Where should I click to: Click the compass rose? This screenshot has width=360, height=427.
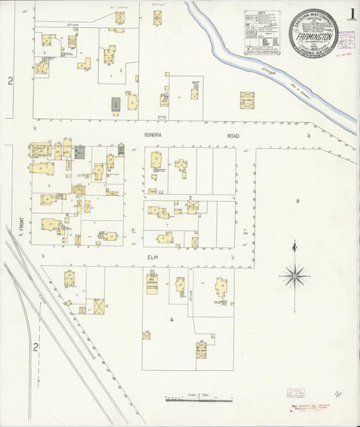pyautogui.click(x=294, y=275)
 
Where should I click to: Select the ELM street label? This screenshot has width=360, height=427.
pyautogui.click(x=151, y=257)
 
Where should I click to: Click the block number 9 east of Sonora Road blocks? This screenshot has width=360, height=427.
pyautogui.click(x=297, y=201)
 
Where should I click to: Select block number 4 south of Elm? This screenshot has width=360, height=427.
pyautogui.click(x=172, y=319)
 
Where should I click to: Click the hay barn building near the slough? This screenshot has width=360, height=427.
pyautogui.click(x=247, y=100)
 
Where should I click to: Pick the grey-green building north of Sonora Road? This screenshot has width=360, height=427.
pyautogui.click(x=116, y=105)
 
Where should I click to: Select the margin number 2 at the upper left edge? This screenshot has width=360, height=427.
pyautogui.click(x=10, y=81)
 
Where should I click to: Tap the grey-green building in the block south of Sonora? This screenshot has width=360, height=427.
pyautogui.click(x=80, y=152)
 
